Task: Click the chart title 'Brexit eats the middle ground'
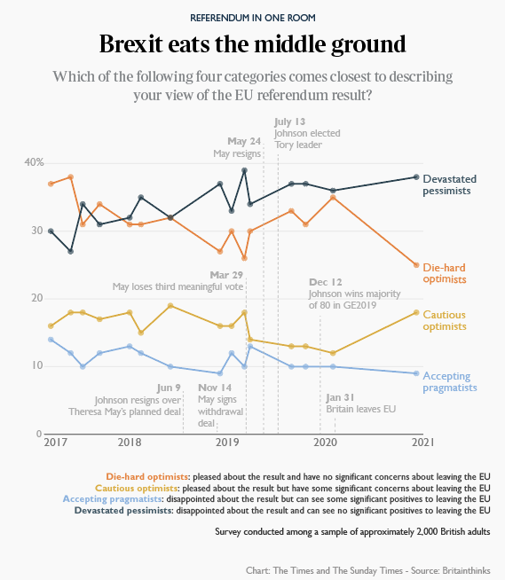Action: coord(252,43)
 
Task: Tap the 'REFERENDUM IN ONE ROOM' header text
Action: coord(252,17)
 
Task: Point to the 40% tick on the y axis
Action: coord(34,163)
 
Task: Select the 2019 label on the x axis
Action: coord(229,441)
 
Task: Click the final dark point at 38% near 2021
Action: coord(416,176)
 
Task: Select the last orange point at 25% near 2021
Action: coord(416,264)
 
